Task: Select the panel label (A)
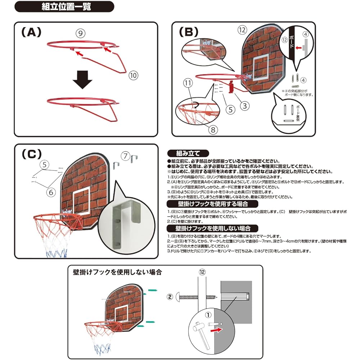click(32, 32)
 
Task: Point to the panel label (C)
click(31, 154)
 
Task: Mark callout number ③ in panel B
click(244, 105)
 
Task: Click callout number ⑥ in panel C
click(51, 192)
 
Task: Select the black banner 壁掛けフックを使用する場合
click(212, 204)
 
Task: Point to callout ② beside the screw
click(170, 297)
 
